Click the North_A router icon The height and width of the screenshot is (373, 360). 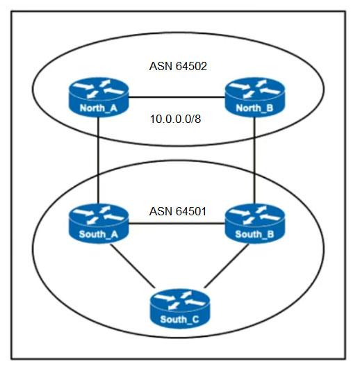[x=99, y=97]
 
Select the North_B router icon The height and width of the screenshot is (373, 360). [x=254, y=97]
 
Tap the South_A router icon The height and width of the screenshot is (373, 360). [x=99, y=224]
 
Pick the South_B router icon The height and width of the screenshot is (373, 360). [x=254, y=224]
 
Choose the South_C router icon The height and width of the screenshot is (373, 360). [x=180, y=308]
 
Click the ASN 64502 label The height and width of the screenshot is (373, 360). [x=178, y=66]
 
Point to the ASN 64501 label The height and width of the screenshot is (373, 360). [x=178, y=211]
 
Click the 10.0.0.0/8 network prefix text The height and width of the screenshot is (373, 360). [x=176, y=119]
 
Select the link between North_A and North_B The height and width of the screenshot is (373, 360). [x=177, y=97]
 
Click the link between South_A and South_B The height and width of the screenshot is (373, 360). [x=177, y=224]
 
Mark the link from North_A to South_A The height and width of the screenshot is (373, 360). [x=98, y=160]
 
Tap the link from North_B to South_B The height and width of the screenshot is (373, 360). [x=254, y=160]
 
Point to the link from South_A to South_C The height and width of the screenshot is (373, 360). [x=131, y=265]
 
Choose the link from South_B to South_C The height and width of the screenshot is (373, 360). [x=227, y=265]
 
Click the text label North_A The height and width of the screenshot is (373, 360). [x=99, y=108]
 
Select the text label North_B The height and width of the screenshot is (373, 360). [x=254, y=108]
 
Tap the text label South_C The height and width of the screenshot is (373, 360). [x=179, y=320]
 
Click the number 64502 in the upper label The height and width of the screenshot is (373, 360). [x=191, y=66]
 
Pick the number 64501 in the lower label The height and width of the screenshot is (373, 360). [x=191, y=211]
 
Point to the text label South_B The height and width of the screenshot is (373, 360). [x=254, y=235]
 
